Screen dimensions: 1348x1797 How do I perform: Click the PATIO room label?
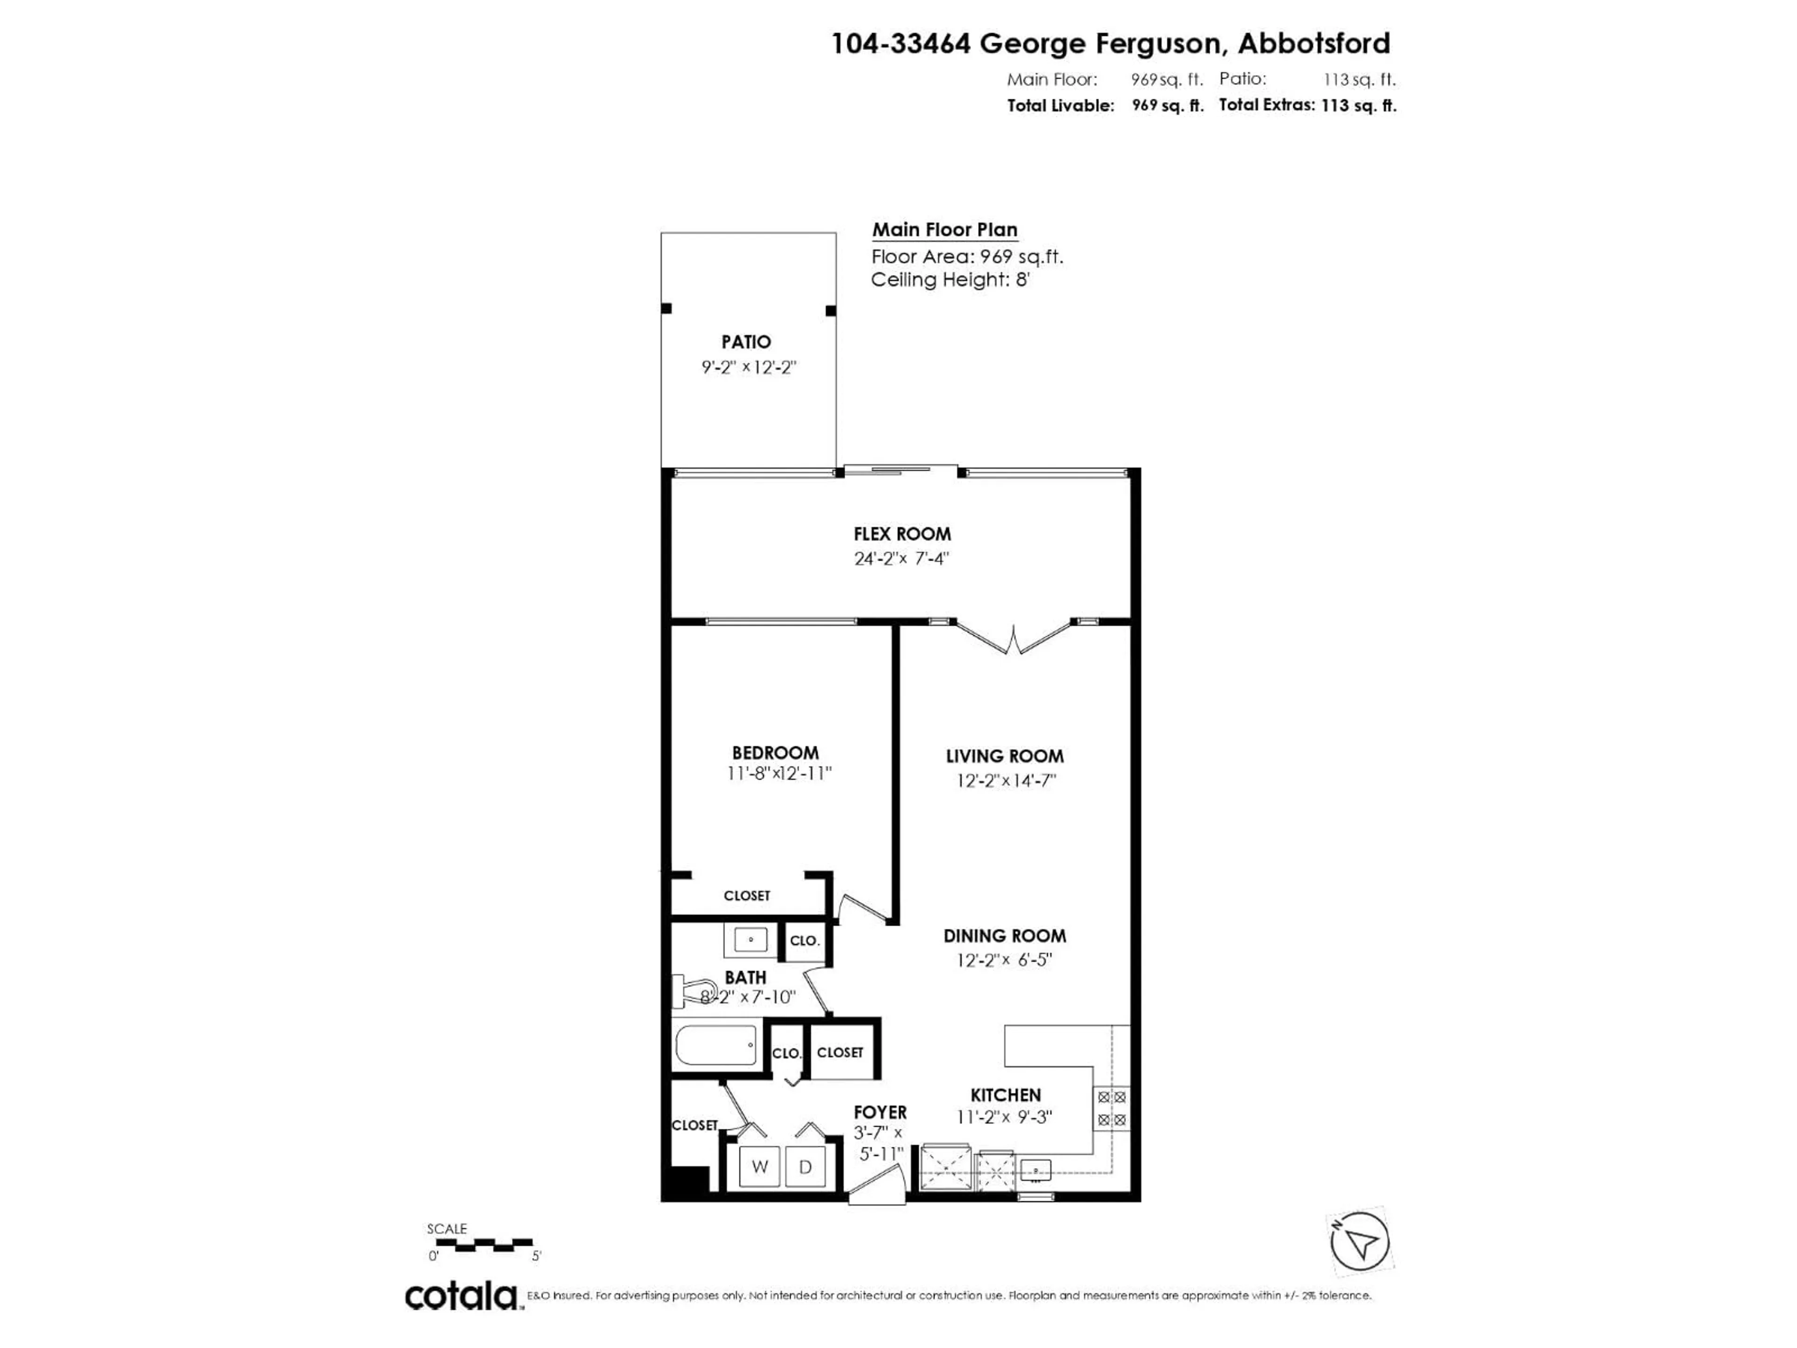746,342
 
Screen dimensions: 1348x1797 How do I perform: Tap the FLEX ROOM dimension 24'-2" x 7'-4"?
901,559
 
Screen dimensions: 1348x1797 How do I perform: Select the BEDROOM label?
775,753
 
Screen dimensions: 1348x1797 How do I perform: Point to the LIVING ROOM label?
1004,756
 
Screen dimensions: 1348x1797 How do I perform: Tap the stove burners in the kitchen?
1111,1108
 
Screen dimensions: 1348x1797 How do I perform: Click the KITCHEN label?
1005,1095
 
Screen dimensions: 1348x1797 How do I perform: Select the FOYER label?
880,1113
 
